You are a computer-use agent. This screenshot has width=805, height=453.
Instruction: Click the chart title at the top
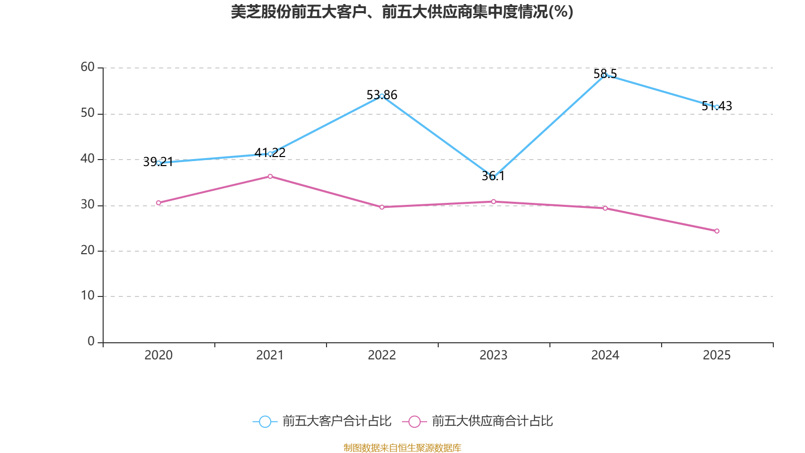pyautogui.click(x=402, y=12)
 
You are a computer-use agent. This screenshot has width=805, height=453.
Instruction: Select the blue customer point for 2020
pyautogui.click(x=158, y=163)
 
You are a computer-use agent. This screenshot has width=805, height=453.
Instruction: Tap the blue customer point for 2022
pyautogui.click(x=382, y=96)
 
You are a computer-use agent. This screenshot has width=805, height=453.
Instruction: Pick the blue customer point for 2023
pyautogui.click(x=493, y=177)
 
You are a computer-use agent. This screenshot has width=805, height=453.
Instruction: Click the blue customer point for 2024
pyautogui.click(x=605, y=75)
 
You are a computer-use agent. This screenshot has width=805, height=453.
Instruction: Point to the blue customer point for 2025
pyautogui.click(x=716, y=107)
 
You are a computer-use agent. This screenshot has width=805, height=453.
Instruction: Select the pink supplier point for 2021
pyautogui.click(x=270, y=176)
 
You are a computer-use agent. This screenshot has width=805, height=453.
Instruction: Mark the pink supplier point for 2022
pyautogui.click(x=382, y=207)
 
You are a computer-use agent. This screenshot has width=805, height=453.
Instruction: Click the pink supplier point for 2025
pyautogui.click(x=716, y=231)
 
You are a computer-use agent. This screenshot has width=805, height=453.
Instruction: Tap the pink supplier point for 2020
pyautogui.click(x=158, y=203)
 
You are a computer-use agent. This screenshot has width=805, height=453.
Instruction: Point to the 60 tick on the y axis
pyautogui.click(x=88, y=67)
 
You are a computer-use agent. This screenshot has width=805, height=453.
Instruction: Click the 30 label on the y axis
pyautogui.click(x=88, y=204)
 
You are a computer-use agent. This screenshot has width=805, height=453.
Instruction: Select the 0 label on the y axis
pyautogui.click(x=91, y=341)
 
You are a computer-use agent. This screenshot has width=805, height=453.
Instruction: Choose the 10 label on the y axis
pyautogui.click(x=88, y=295)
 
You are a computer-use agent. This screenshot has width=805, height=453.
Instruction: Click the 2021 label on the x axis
pyautogui.click(x=270, y=355)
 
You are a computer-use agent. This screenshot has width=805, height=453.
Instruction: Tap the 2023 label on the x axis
pyautogui.click(x=493, y=355)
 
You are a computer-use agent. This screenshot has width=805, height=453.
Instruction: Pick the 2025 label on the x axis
pyautogui.click(x=716, y=355)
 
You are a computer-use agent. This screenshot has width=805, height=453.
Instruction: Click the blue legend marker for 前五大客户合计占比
pyautogui.click(x=265, y=421)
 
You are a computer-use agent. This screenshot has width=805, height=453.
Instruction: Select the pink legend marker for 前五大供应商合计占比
pyautogui.click(x=414, y=421)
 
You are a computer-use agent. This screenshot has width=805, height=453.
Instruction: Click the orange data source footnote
pyautogui.click(x=402, y=447)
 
